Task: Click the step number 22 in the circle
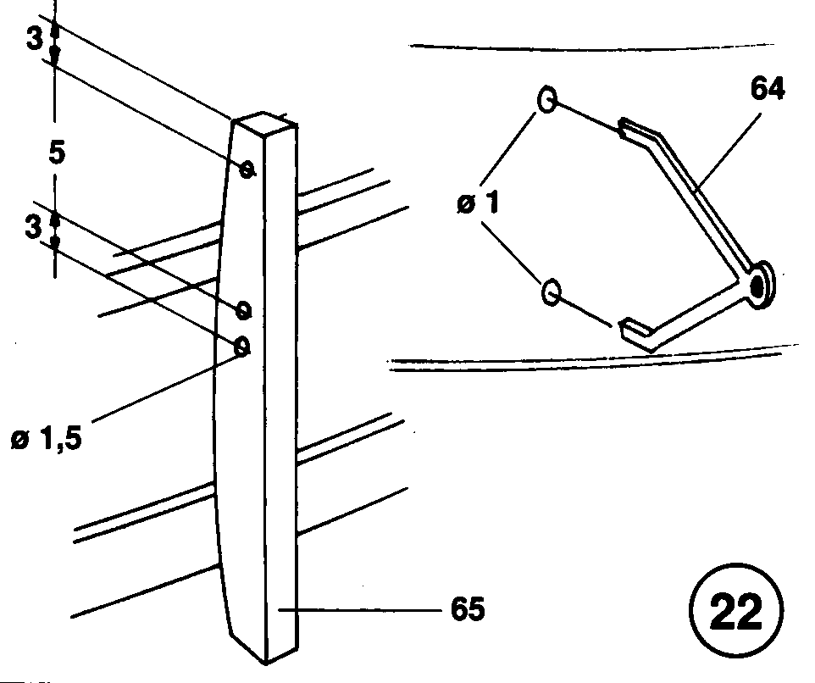735,610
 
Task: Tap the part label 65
468,608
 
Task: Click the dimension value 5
57,153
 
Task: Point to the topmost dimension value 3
34,38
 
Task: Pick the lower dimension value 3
33,226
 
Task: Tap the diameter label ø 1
478,203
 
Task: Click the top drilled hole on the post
247,169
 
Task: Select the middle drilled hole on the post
243,310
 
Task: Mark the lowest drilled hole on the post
242,347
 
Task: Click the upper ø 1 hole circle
546,99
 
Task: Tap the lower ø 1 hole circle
551,292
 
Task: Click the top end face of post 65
265,125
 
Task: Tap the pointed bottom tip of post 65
266,663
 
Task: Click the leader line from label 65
361,610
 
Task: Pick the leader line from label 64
727,150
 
